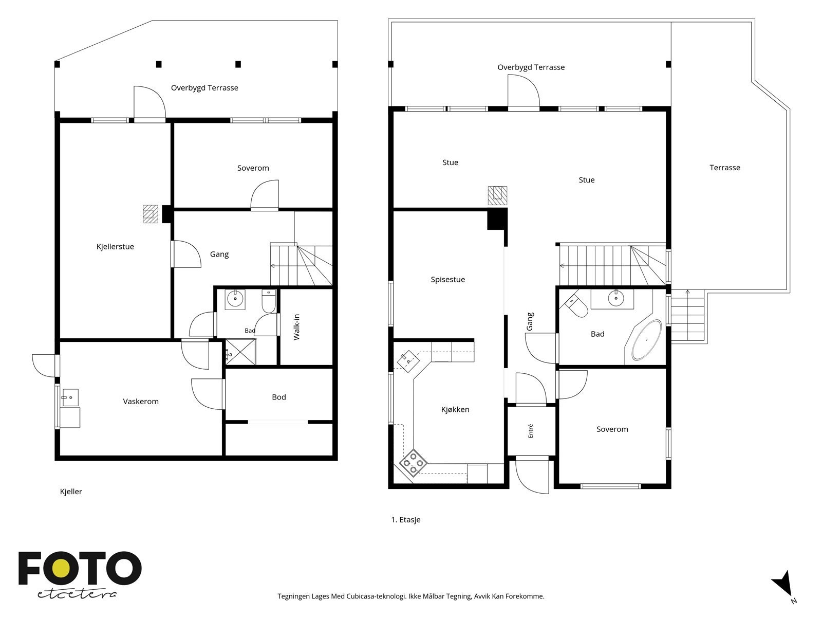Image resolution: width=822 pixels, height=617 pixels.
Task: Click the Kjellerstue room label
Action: point(115,246)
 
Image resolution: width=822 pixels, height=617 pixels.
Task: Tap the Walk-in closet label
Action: point(296,327)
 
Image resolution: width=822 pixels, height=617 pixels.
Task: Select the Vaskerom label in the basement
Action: point(141,401)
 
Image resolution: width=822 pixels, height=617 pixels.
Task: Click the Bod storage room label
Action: point(278,397)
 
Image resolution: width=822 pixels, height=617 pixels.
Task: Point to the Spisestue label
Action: point(448,280)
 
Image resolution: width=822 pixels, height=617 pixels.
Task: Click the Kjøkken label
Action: point(455,409)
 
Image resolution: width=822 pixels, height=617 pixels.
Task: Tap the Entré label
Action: point(530,431)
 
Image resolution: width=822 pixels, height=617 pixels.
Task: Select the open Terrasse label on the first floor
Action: point(724,168)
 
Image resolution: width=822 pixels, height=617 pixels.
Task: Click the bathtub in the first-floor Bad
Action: point(646,340)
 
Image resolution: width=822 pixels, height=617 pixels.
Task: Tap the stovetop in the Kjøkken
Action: point(413,463)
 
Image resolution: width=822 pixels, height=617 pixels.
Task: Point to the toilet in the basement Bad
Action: point(269,301)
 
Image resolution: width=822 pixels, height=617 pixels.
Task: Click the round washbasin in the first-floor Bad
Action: point(615,299)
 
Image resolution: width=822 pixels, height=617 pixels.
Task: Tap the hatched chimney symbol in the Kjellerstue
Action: point(151,214)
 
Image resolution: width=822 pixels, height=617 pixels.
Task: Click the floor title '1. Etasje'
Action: point(405,520)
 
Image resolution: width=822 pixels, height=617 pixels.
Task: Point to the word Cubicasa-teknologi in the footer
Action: point(377,596)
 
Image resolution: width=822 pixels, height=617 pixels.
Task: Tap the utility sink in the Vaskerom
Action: point(70,397)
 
